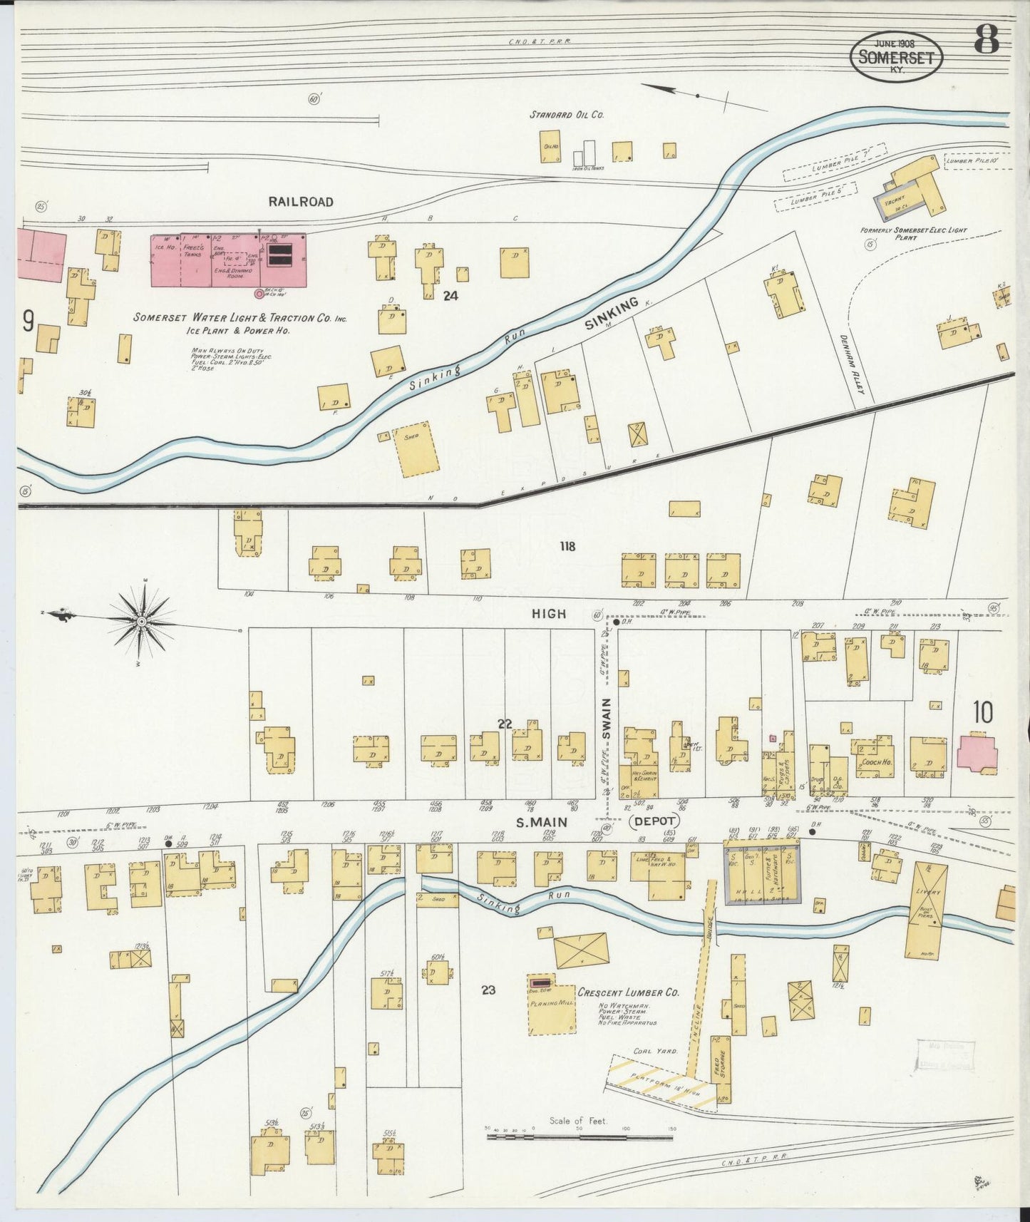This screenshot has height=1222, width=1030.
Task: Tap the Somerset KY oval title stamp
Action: pos(897,56)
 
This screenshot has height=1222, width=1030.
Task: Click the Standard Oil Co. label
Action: pos(567,114)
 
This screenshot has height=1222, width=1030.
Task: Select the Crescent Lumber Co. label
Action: pos(628,992)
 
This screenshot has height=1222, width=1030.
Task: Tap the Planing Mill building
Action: pos(551,1008)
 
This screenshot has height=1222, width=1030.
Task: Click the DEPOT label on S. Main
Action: pos(654,821)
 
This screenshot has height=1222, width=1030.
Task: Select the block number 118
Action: pos(567,547)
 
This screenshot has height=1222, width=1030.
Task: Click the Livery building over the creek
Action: pos(927,910)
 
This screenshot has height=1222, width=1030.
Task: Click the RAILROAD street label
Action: pos(301,202)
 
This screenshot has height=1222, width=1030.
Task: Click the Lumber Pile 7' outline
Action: pos(833,163)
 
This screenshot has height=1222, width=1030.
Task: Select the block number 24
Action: pos(450,296)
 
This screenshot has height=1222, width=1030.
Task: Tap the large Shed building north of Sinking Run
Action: pos(417,448)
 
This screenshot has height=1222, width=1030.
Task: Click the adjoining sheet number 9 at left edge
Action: pos(28,322)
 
